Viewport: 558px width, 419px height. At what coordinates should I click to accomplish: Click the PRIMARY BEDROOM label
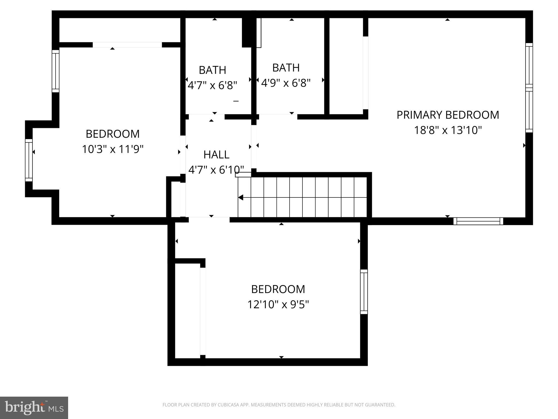click(x=448, y=115)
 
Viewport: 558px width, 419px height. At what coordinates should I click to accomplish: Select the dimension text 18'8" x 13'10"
click(x=448, y=130)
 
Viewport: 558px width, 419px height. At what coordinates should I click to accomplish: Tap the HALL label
click(x=216, y=155)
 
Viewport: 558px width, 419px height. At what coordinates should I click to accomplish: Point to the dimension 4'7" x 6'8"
click(x=212, y=85)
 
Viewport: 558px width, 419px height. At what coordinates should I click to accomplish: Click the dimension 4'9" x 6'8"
click(x=286, y=83)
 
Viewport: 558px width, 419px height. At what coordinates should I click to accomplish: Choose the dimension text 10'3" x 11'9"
click(x=113, y=149)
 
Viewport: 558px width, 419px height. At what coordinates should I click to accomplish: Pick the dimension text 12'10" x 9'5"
click(x=278, y=304)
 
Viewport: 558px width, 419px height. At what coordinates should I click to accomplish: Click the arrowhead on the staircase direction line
click(x=241, y=197)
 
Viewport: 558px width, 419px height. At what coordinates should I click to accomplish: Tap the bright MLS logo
click(x=34, y=408)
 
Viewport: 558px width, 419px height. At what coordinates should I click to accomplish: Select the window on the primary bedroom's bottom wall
click(x=478, y=221)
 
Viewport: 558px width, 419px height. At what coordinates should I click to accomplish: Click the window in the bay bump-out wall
click(x=29, y=160)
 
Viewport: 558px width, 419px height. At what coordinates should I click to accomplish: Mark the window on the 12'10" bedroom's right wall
click(x=364, y=292)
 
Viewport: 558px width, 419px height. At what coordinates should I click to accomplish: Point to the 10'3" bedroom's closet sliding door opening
click(x=127, y=45)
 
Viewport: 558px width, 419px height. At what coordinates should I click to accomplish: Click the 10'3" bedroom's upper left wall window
click(x=56, y=71)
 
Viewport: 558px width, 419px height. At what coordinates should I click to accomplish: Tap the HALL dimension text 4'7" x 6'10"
click(x=216, y=170)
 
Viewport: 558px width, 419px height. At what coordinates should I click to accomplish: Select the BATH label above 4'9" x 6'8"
click(x=286, y=68)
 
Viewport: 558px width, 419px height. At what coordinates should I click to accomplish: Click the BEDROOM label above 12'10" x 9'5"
click(x=278, y=289)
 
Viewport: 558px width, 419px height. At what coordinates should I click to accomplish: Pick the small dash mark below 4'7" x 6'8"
click(x=236, y=101)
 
